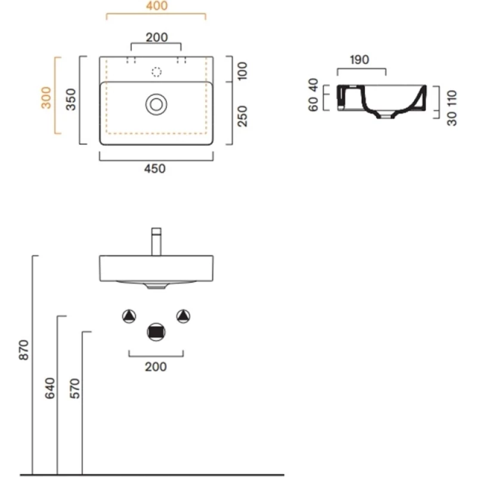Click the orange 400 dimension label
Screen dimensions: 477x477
pyautogui.click(x=156, y=7)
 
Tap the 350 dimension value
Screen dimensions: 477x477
pyautogui.click(x=70, y=100)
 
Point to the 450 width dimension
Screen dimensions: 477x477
pyautogui.click(x=156, y=169)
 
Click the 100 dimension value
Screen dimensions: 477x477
pyautogui.click(x=242, y=70)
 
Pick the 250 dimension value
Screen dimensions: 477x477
pyautogui.click(x=242, y=116)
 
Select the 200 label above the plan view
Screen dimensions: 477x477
pyautogui.click(x=156, y=37)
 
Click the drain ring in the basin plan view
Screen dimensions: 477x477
pyautogui.click(x=156, y=105)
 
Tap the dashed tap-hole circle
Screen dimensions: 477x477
pyautogui.click(x=156, y=72)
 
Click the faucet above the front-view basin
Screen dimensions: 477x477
pyautogui.click(x=156, y=241)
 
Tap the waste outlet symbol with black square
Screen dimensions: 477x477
pyautogui.click(x=156, y=332)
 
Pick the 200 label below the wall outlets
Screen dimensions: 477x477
pyautogui.click(x=156, y=367)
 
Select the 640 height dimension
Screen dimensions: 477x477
pyautogui.click(x=49, y=388)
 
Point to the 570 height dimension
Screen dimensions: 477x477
pyautogui.click(x=74, y=388)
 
